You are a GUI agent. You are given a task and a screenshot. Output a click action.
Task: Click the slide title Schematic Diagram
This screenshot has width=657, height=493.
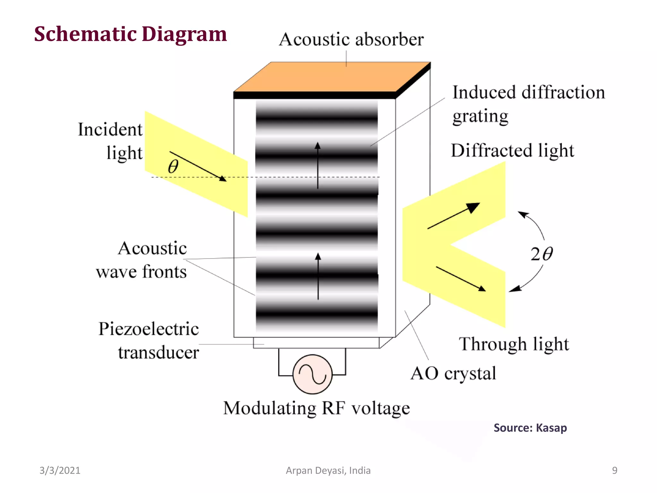130,34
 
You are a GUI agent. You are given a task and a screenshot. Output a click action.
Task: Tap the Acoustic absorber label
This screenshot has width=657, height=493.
351,40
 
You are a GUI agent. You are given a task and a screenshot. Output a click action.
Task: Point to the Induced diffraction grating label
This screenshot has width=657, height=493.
528,104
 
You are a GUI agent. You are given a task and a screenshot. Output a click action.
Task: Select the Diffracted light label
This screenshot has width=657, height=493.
512,151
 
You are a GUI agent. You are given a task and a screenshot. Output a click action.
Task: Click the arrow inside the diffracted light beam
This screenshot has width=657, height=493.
454,216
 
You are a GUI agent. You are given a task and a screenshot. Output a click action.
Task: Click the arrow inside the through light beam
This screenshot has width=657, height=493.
461,279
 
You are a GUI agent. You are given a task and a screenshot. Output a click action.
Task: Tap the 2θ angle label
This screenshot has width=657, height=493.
542,254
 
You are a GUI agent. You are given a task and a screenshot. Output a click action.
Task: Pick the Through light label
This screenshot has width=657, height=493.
514,344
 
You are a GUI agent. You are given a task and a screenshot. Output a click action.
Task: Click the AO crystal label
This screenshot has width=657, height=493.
453,374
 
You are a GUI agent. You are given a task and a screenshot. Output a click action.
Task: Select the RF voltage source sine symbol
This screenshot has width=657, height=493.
312,374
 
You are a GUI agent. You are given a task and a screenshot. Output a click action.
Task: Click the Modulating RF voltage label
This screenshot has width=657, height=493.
316,409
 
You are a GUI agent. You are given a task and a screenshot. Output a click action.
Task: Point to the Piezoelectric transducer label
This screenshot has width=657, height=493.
149,341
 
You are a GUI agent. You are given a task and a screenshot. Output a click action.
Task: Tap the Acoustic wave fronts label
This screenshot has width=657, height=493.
141,260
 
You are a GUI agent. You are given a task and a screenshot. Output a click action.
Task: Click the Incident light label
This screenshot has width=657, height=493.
110,141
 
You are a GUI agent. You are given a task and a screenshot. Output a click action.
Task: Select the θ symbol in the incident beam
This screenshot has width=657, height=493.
173,167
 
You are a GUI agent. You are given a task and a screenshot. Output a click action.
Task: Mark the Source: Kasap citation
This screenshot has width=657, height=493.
530,428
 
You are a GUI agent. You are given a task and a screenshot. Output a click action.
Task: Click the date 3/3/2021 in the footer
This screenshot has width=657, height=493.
60,470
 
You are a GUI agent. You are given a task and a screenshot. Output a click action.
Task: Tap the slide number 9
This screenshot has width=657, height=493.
614,470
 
